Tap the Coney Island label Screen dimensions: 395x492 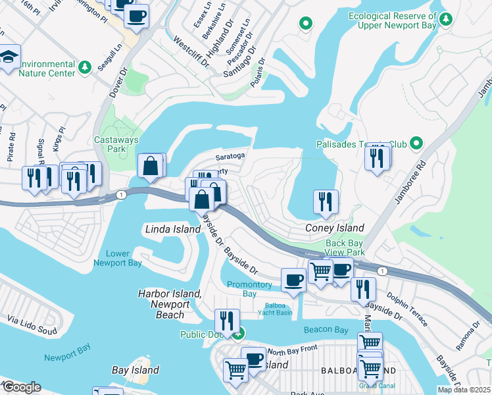click(x=335, y=228)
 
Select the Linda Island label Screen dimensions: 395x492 click(x=172, y=229)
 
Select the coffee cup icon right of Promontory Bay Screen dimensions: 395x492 click(x=293, y=279)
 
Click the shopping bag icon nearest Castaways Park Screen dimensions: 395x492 click(x=151, y=166)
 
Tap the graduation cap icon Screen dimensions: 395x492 click(x=9, y=57)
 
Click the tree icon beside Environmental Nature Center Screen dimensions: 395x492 click(x=85, y=66)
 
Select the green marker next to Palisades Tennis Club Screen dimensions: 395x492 click(x=416, y=143)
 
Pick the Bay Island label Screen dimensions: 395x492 click(x=135, y=370)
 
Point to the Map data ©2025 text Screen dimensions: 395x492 click(x=464, y=390)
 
